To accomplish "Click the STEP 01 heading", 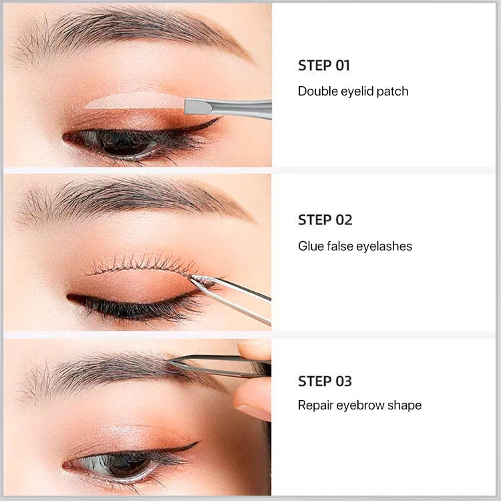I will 324,65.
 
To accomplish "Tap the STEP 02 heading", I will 325,220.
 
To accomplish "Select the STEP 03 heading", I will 325,381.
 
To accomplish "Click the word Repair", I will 315,405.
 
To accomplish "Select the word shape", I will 406,405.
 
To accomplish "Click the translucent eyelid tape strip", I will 134,101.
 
